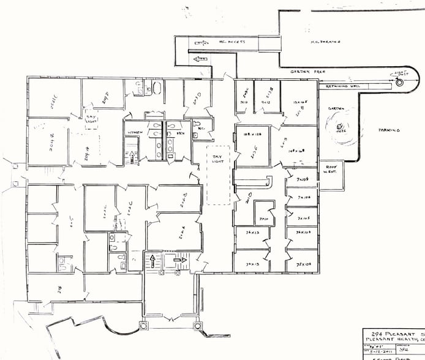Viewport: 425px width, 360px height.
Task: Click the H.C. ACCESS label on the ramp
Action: click(x=231, y=42)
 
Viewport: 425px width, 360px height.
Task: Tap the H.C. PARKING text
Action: click(x=323, y=42)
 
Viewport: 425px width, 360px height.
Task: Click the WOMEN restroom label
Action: click(x=135, y=132)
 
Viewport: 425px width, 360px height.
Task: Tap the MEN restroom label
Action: click(x=181, y=132)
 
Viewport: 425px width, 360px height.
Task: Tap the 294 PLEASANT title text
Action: click(x=392, y=331)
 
